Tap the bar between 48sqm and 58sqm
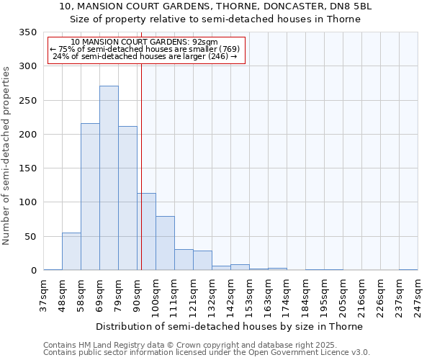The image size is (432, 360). pyautogui.click(x=71, y=251)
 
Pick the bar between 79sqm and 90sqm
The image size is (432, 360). pyautogui.click(x=127, y=198)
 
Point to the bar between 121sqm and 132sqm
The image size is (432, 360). pyautogui.click(x=202, y=260)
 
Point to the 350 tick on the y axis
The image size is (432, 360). pyautogui.click(x=27, y=32)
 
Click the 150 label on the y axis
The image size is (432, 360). pyautogui.click(x=27, y=168)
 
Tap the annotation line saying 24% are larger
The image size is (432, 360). pyautogui.click(x=145, y=56)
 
